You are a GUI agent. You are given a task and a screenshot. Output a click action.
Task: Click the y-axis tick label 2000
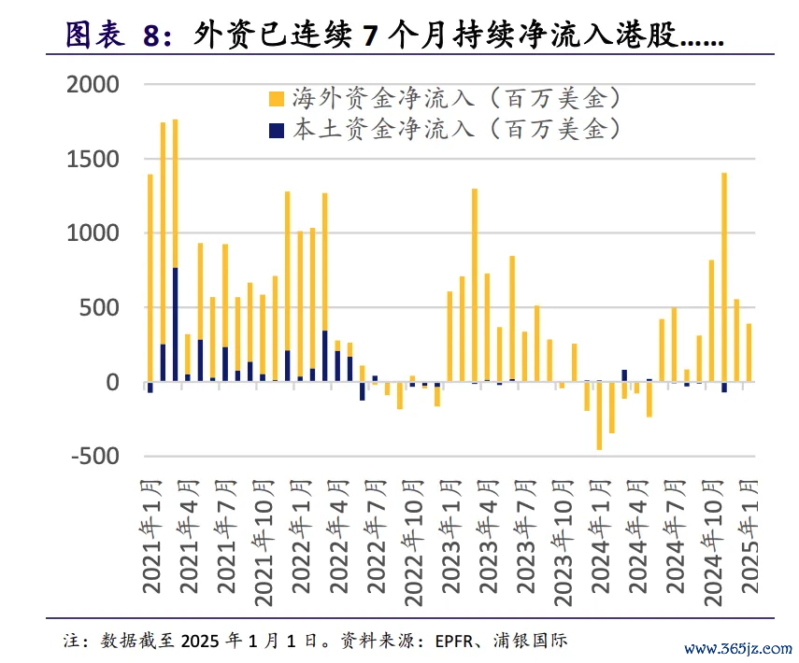[94, 85]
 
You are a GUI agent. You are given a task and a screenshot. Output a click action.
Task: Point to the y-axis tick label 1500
[94, 159]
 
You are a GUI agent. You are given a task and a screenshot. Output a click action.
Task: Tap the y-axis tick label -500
[94, 457]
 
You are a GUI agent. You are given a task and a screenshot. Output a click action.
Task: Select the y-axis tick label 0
[112, 382]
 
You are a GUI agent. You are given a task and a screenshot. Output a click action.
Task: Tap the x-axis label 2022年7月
[376, 537]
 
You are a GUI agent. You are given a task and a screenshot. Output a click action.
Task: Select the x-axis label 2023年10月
[563, 537]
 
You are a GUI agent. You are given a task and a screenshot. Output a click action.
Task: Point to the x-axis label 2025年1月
[749, 537]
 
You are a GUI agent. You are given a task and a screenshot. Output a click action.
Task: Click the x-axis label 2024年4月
[637, 537]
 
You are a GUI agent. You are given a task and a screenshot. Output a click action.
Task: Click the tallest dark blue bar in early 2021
[175, 324]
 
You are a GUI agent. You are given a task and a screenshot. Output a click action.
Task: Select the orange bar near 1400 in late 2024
[723, 275]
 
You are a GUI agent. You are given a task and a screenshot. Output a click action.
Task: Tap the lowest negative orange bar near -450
[599, 416]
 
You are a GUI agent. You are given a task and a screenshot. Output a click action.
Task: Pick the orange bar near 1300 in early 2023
[475, 285]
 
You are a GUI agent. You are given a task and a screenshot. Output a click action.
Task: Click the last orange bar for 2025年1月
[749, 352]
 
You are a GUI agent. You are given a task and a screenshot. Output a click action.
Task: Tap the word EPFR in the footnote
[453, 642]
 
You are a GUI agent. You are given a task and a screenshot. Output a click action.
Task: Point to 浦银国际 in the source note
[534, 642]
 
